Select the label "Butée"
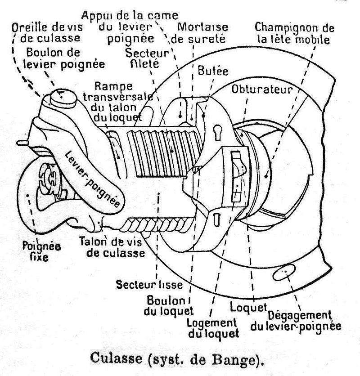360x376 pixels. click(213, 72)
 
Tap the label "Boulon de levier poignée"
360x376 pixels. click(65, 58)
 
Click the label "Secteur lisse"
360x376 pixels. click(149, 285)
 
